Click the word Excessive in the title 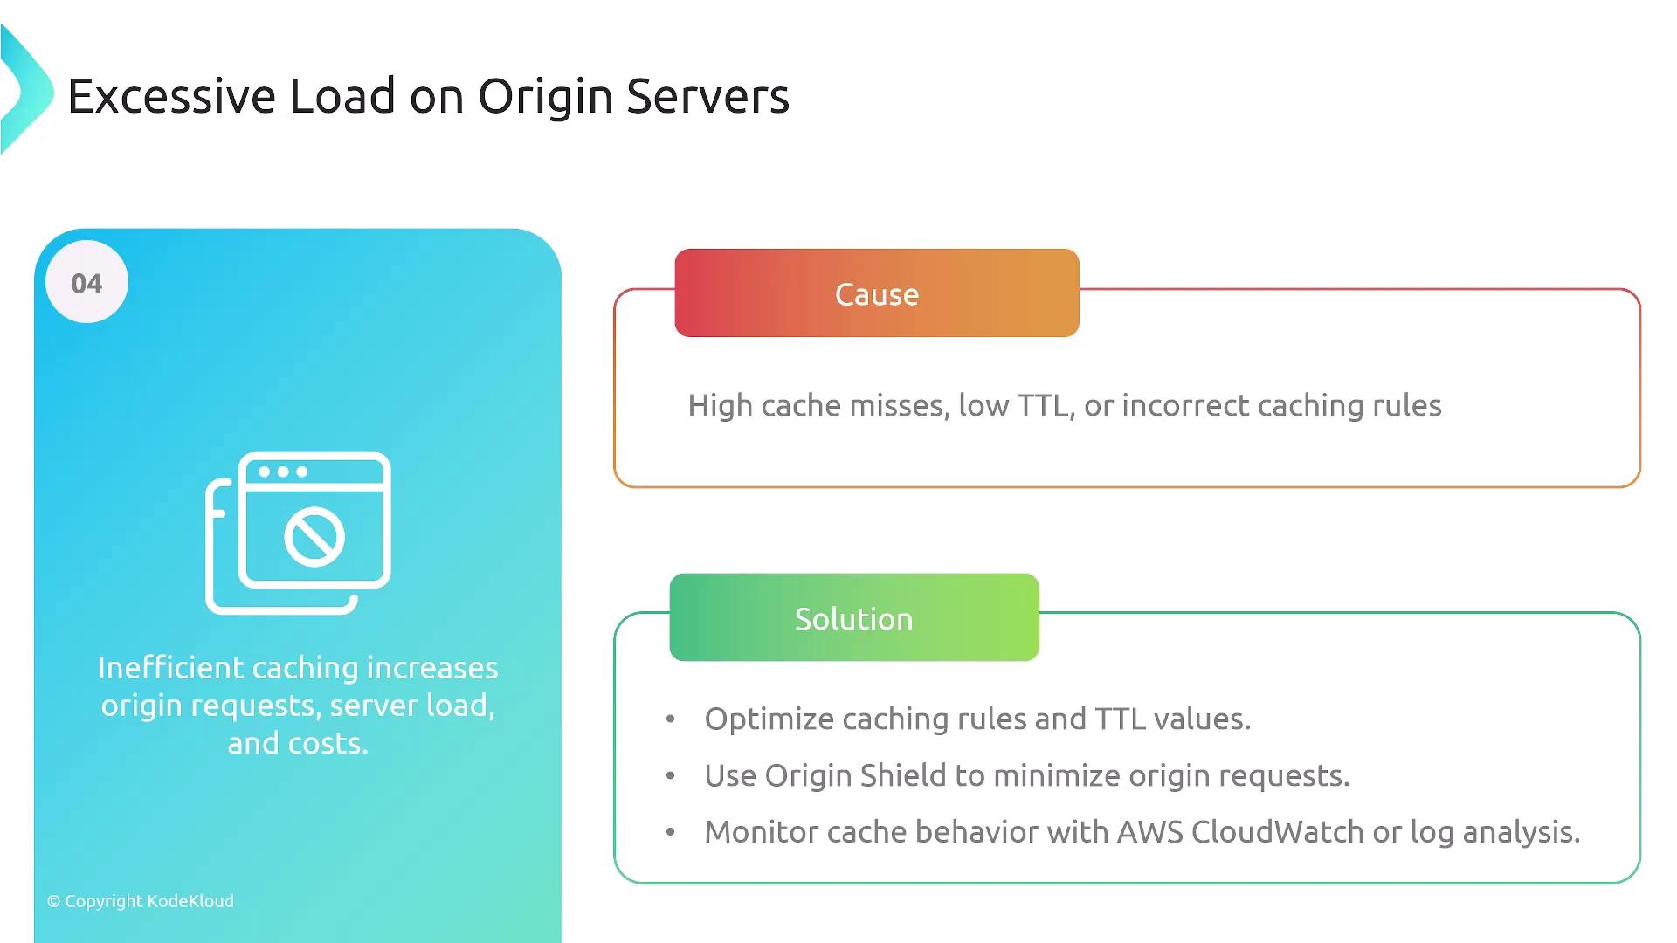(171, 96)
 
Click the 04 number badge (86, 283)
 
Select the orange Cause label (877, 294)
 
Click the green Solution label (853, 618)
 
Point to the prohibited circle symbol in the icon (314, 536)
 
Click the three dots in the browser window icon (283, 471)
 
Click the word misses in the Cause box (899, 406)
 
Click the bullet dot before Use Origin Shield (671, 776)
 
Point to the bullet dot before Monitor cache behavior (671, 833)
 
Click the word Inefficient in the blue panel (170, 668)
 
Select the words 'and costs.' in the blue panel (298, 744)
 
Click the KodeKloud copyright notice (141, 901)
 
